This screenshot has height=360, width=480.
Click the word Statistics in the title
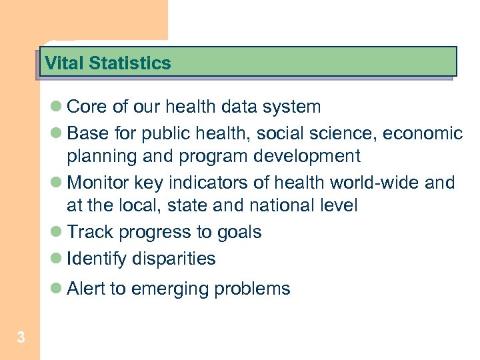[x=129, y=63]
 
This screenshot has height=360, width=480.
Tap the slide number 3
[x=21, y=338]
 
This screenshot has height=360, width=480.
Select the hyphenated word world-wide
[x=369, y=183]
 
